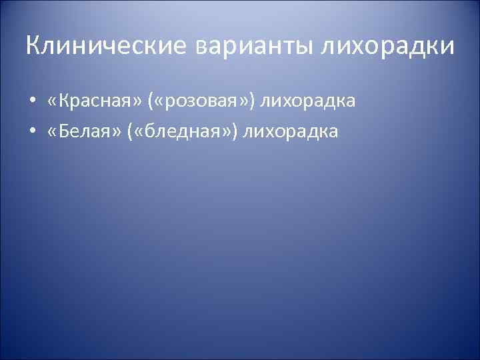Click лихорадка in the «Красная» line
pyautogui.click(x=308, y=102)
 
